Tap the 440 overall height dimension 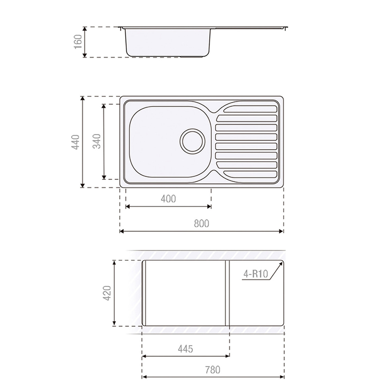point(75,142)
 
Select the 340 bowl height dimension point(97,141)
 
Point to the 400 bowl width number point(168,199)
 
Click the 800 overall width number point(201,223)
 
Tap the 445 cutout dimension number point(185,349)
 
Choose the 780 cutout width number point(213,370)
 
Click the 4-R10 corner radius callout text point(255,274)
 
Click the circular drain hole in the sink point(192,141)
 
